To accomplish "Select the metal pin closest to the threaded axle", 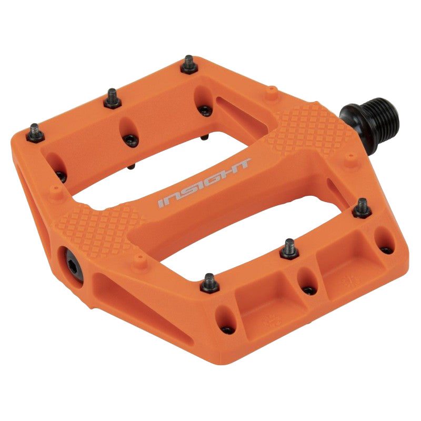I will click(x=362, y=207).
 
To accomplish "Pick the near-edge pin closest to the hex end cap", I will click(x=209, y=281).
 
